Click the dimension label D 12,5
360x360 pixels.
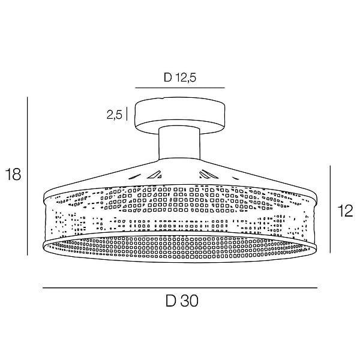(x=180, y=77)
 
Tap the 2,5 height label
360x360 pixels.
(x=115, y=115)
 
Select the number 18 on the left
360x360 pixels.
(x=13, y=174)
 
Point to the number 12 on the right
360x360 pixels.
(x=345, y=211)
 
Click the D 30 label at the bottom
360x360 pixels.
(x=182, y=301)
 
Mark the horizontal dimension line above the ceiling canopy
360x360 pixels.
(x=180, y=88)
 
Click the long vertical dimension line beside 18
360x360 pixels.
(x=28, y=176)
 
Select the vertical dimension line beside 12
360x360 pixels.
(x=331, y=209)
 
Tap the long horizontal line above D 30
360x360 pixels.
(x=180, y=287)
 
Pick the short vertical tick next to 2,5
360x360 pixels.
(x=127, y=113)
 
